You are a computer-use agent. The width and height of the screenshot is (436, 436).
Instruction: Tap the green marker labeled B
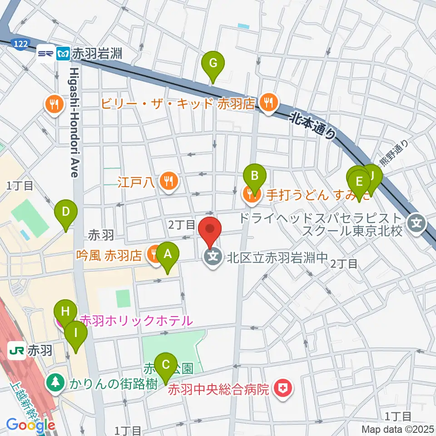pyautogui.click(x=254, y=175)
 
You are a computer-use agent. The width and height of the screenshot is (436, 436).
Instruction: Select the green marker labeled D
pyautogui.click(x=66, y=212)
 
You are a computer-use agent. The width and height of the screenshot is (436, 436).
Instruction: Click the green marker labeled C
pyautogui.click(x=165, y=365)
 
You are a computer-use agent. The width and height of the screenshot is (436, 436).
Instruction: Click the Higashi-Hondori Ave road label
pyautogui.click(x=75, y=123)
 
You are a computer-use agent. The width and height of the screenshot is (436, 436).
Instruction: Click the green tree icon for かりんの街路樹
pyautogui.click(x=55, y=382)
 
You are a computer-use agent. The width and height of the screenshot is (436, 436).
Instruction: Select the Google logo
pyautogui.click(x=31, y=425)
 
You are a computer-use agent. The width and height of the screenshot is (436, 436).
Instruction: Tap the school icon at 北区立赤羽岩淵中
pyautogui.click(x=214, y=258)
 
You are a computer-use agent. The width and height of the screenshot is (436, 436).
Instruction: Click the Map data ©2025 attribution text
pyautogui.click(x=397, y=429)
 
